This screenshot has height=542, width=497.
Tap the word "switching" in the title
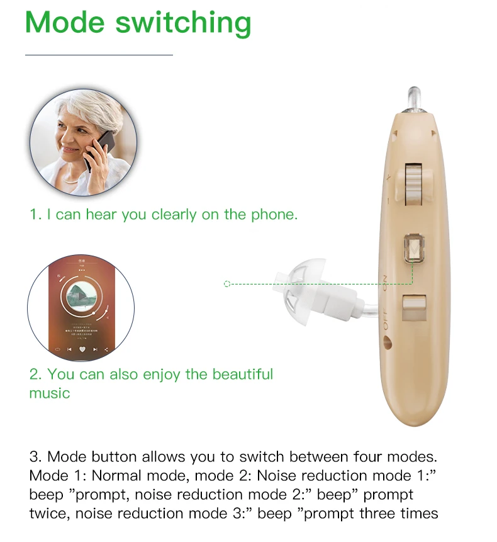(183, 24)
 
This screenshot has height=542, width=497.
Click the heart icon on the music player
(81, 349)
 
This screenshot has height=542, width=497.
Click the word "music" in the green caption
(50, 393)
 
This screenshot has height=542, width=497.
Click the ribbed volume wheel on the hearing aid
(414, 184)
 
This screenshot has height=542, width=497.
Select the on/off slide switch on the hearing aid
(413, 308)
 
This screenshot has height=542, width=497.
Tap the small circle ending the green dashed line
(227, 284)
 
